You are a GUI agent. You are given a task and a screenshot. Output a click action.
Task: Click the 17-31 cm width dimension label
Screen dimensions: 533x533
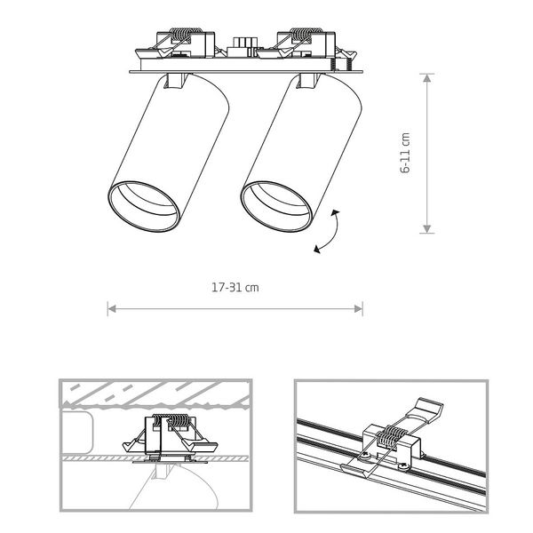click(x=235, y=288)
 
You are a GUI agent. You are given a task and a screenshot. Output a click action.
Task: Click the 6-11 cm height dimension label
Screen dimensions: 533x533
click(x=405, y=153)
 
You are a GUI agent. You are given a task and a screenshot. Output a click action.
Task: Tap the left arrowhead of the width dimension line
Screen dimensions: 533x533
click(x=112, y=308)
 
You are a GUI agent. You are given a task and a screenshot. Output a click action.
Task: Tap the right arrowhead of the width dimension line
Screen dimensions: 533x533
click(x=358, y=308)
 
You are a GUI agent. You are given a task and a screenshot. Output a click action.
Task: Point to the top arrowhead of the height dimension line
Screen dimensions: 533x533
click(x=427, y=78)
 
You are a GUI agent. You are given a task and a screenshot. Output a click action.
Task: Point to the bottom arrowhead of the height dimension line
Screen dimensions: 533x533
click(x=427, y=229)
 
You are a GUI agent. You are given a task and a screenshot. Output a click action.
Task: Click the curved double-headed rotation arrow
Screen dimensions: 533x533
click(x=329, y=232)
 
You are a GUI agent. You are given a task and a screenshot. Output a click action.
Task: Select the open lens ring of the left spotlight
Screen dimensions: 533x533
click(x=143, y=206)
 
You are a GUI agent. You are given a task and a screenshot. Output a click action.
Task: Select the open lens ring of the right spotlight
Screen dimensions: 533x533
click(x=275, y=206)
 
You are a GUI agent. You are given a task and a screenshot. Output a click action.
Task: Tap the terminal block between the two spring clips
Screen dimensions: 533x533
click(x=243, y=46)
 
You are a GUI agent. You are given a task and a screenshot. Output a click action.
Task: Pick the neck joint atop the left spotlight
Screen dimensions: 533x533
click(x=176, y=81)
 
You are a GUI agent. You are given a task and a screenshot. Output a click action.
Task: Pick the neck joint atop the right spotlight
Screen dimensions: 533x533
click(x=308, y=81)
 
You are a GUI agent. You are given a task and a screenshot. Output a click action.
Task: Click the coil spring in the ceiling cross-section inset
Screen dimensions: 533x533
click(x=169, y=421)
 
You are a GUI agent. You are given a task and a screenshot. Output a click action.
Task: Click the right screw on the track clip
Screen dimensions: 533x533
click(x=403, y=467)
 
